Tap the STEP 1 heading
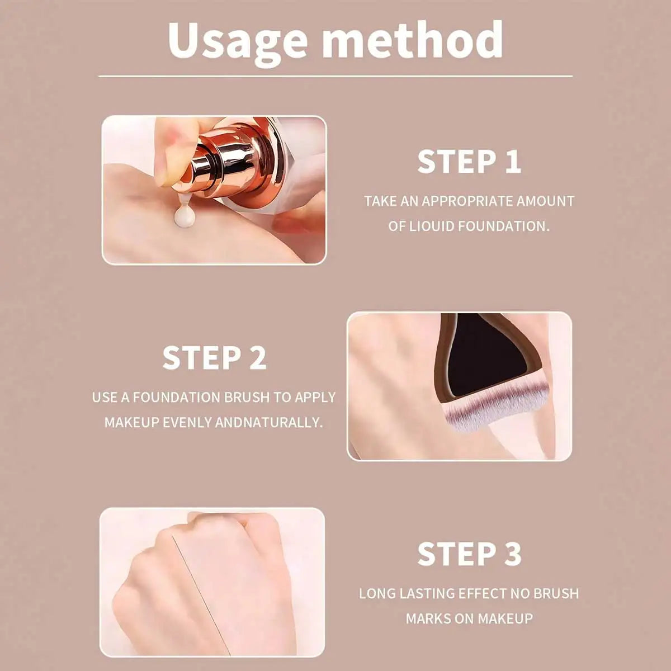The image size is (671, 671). click(469, 162)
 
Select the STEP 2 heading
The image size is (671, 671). click(214, 358)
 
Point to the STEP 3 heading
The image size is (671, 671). click(469, 554)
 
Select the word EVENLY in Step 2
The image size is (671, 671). click(187, 423)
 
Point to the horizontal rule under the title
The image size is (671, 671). click(335, 76)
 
